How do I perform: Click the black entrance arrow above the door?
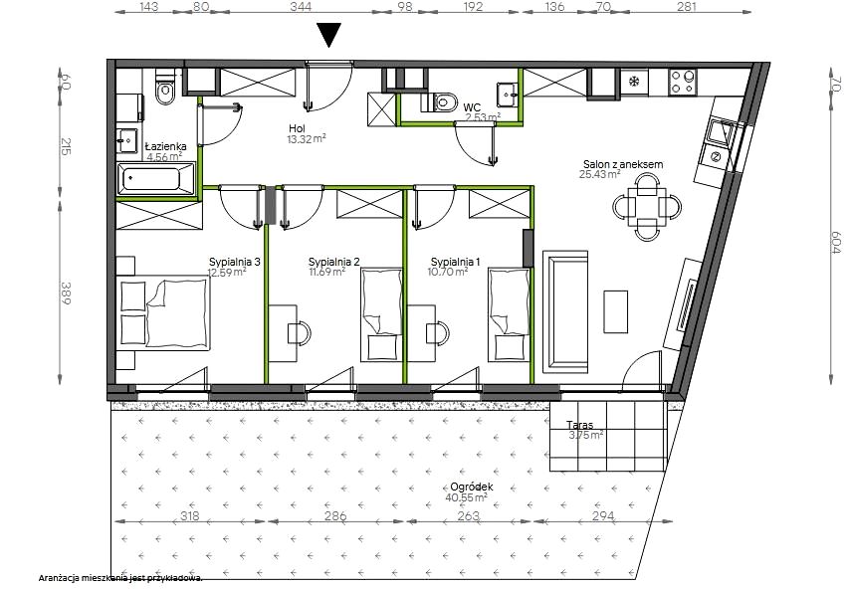(328, 35)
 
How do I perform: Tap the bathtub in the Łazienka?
(155, 178)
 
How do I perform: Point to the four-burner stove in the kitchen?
(682, 83)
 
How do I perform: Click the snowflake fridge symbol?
(634, 82)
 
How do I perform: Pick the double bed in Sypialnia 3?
(163, 312)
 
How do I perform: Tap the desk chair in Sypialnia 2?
(299, 331)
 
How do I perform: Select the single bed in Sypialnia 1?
(509, 315)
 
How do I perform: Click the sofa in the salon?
(565, 311)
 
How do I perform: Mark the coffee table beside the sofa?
(615, 311)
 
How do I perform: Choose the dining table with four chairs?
(647, 207)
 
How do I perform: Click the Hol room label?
(297, 128)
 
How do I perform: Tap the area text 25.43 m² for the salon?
(599, 174)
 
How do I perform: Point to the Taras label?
(579, 425)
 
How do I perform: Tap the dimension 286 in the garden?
(335, 516)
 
